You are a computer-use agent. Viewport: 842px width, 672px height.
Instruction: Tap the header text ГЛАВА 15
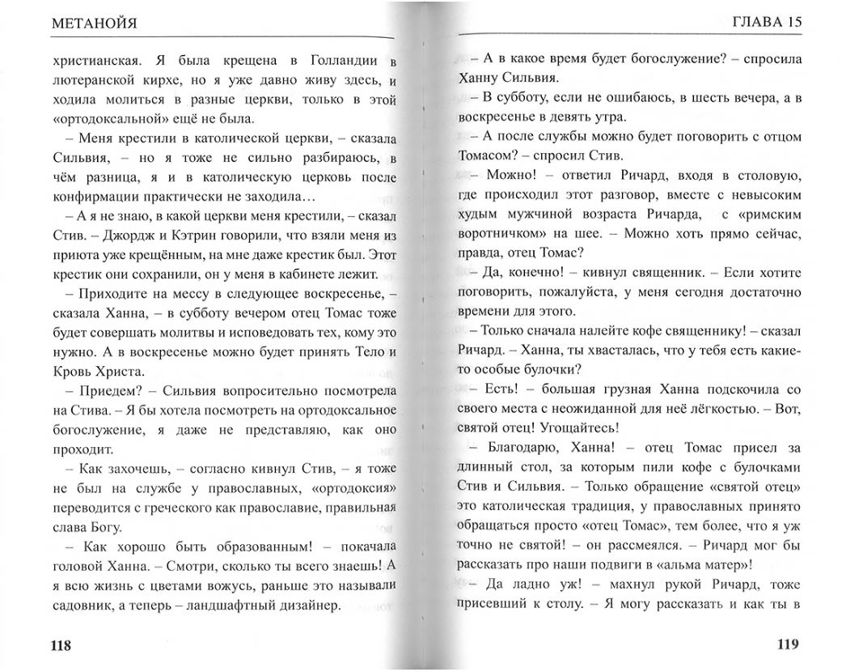(765, 22)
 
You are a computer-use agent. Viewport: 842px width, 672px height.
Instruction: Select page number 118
(61, 645)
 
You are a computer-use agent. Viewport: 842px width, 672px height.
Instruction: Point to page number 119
(787, 644)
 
